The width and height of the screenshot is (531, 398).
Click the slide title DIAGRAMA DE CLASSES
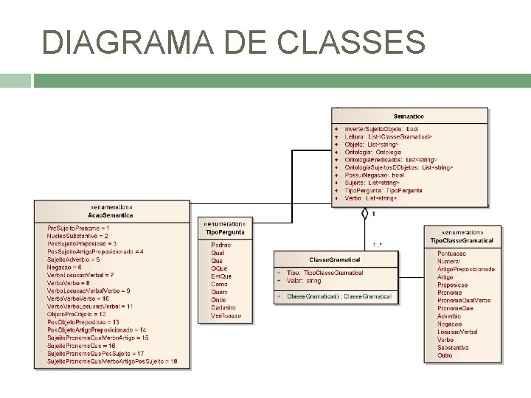pos(234,42)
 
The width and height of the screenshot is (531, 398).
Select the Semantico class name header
pos(409,116)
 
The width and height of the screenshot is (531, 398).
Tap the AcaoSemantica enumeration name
pos(111,216)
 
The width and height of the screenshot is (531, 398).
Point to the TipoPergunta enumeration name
pos(225,232)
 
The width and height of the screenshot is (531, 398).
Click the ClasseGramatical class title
pos(335,259)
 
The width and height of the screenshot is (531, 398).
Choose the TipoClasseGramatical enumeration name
pos(462,240)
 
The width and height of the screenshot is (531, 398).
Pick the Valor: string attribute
pos(304,281)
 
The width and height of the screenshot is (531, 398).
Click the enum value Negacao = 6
pos(64,267)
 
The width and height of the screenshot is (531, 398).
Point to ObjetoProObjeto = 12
pos(76,314)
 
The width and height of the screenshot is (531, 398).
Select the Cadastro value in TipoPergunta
pos(222,307)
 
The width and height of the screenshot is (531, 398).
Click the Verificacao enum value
pos(226,315)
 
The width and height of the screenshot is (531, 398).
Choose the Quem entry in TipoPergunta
pos(219,292)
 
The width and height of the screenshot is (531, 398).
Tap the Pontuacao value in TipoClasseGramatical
pos(451,254)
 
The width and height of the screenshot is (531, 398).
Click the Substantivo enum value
pos(453,348)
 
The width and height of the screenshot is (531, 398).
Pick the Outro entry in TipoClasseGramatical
pos(445,356)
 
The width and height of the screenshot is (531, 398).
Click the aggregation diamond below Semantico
pos(364,214)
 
